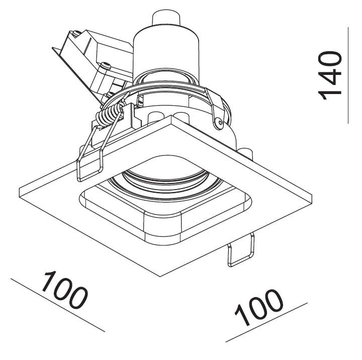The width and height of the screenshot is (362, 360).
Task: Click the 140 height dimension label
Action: tap(330, 75)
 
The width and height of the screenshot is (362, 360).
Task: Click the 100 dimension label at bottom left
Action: tap(64, 291)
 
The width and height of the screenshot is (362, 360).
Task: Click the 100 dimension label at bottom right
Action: tap(259, 307)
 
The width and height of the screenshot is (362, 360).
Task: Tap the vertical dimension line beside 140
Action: tap(348, 75)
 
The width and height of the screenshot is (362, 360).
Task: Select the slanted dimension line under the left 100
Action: tap(58, 305)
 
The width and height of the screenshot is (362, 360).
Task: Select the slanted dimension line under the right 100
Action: tap(266, 322)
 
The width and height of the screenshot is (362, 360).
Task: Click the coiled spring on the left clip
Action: tap(109, 115)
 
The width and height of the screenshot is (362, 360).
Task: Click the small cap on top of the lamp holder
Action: tap(166, 18)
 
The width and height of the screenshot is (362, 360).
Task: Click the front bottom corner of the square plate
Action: tap(160, 276)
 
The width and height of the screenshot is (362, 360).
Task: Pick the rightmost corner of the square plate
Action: tap(312, 196)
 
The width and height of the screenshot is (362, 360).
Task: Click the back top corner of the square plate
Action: tap(171, 116)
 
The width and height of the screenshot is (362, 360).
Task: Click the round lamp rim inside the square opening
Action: tap(165, 183)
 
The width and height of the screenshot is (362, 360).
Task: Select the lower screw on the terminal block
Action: tap(106, 65)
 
